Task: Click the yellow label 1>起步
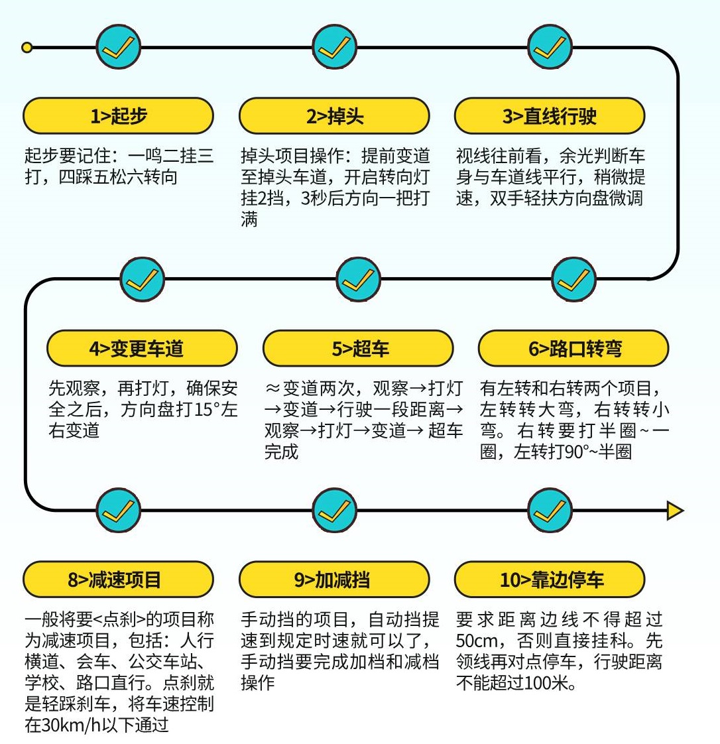[119, 117]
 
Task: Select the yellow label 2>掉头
[334, 117]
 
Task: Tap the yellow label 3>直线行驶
[550, 117]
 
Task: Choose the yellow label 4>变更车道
[142, 348]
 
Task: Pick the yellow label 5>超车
[358, 348]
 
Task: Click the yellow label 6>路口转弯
[573, 348]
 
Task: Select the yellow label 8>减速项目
[119, 580]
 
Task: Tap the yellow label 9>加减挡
[334, 580]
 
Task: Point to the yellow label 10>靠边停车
[550, 580]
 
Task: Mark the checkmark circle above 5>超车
[359, 279]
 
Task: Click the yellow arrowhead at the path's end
[674, 511]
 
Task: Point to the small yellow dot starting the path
[27, 48]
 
